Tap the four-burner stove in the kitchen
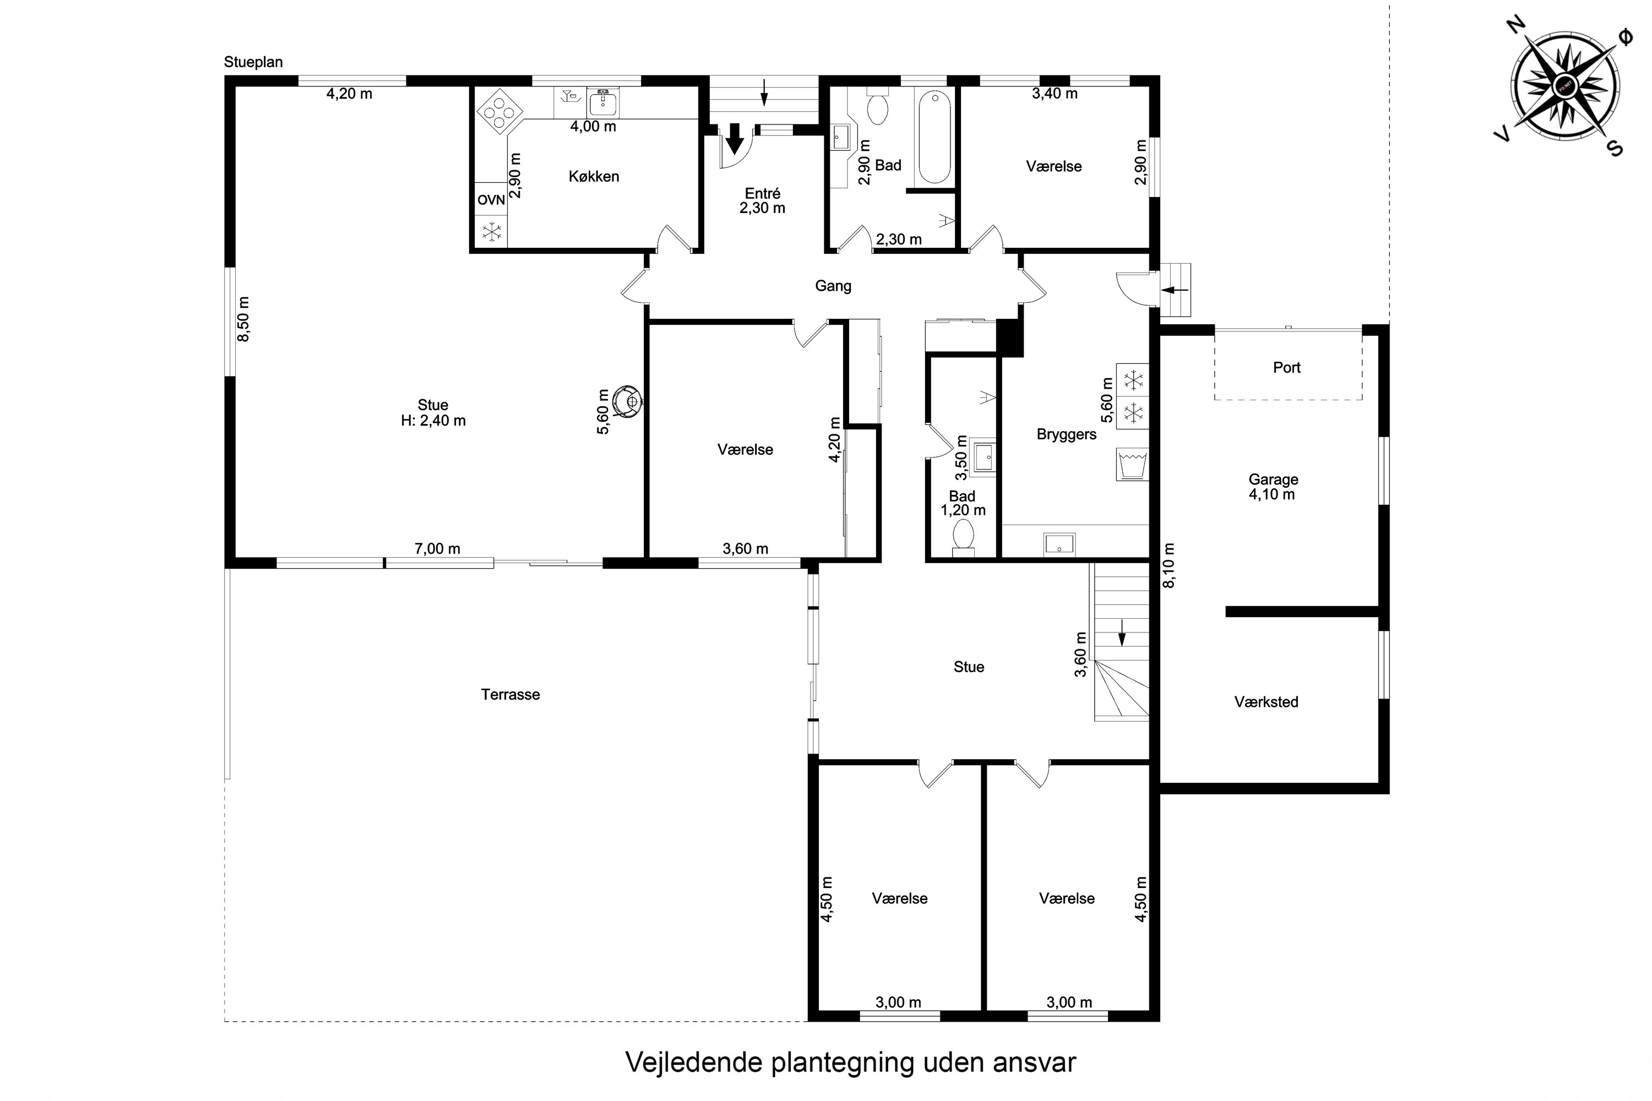pos(499,110)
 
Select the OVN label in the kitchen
pos(491,200)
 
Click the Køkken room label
pos(594,176)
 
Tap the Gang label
pos(833,286)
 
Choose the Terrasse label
pos(510,694)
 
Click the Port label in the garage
pos(1287,367)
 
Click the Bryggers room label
pos(1066,434)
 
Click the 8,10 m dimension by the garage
pos(1168,565)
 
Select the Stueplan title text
pos(253,62)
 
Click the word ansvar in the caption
pos(1034,1062)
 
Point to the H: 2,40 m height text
pos(433,421)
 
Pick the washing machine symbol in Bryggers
pos(1132,464)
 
